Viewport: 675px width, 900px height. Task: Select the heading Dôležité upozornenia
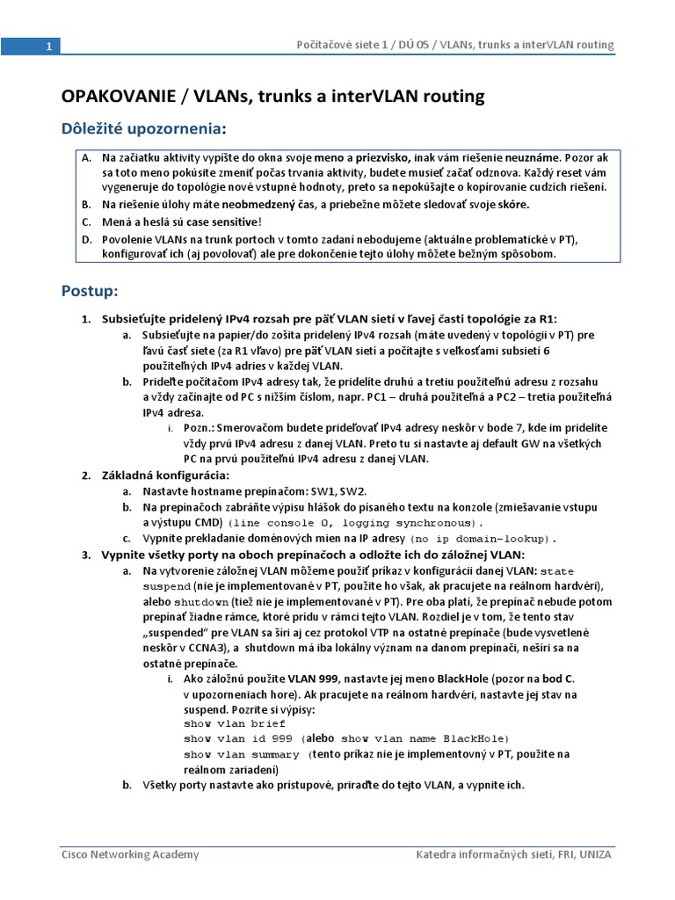tap(140, 129)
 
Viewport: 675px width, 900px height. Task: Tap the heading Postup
tap(89, 289)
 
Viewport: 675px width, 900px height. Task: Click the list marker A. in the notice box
tap(86, 157)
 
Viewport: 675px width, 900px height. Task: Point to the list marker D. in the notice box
tap(86, 240)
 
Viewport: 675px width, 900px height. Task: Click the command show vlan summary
tap(242, 754)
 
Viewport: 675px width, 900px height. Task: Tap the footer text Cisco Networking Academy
tap(129, 855)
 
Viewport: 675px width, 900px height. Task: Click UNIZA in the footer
tap(596, 855)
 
